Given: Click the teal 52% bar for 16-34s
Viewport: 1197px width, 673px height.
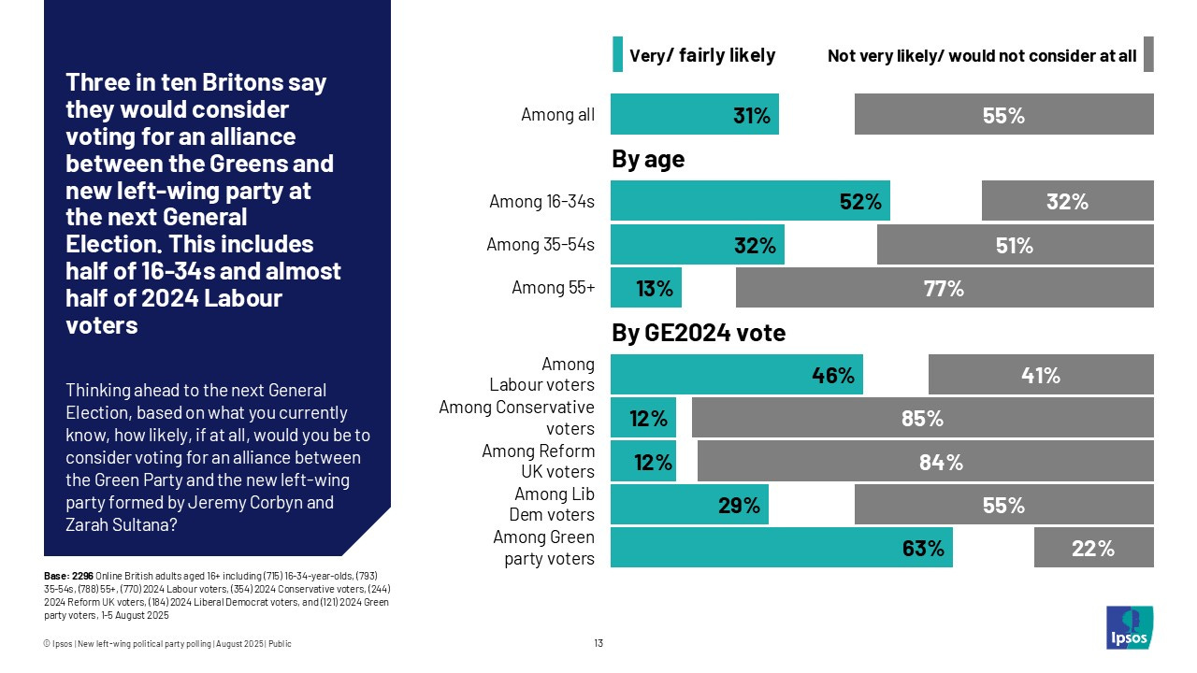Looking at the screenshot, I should (x=750, y=201).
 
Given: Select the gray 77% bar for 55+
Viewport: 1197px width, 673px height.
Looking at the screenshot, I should (x=945, y=288).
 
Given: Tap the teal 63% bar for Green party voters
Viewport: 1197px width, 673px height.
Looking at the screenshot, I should (x=781, y=548).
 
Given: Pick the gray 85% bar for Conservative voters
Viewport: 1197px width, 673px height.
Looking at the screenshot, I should (x=922, y=418).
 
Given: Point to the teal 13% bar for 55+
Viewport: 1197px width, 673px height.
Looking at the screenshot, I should (x=645, y=288).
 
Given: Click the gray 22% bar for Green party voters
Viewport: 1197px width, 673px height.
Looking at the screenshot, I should (x=1093, y=548).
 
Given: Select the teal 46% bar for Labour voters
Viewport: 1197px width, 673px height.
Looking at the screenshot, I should (x=736, y=375).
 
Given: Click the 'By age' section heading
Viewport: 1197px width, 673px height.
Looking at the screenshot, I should (x=648, y=159).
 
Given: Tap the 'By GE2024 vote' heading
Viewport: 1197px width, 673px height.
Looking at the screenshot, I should (x=699, y=333).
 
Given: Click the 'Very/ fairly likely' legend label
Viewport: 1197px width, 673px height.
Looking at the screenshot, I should (x=702, y=55).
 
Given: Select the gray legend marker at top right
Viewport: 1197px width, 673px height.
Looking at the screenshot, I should (x=1148, y=54).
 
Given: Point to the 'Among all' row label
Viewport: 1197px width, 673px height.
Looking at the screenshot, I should (x=557, y=115).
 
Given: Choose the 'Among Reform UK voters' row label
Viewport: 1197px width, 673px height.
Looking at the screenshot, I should (x=538, y=461).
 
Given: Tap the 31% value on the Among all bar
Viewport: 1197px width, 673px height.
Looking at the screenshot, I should (x=751, y=115).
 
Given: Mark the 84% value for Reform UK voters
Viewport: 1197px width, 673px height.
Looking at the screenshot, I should (x=941, y=462).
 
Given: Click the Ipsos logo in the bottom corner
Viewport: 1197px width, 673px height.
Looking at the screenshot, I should (x=1129, y=627).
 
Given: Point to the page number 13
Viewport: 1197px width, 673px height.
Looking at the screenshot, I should (x=598, y=643).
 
